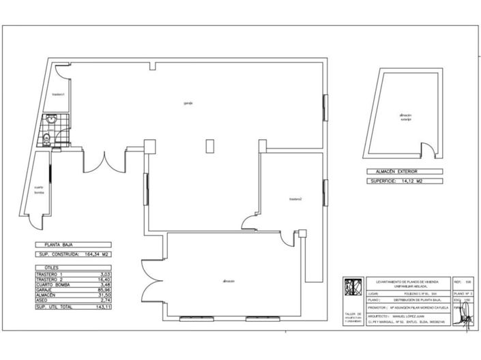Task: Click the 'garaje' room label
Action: pos(188,103)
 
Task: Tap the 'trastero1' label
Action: pos(58,94)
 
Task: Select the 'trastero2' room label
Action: pos(295,199)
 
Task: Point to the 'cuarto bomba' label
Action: pos(39,190)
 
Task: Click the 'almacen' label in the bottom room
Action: pos(229,281)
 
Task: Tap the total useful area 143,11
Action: pos(104,308)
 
